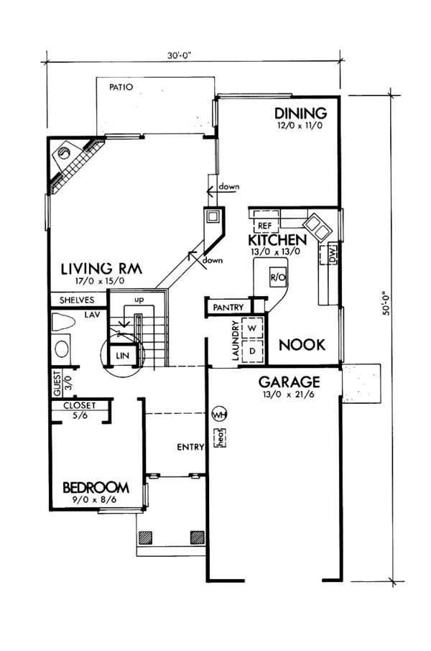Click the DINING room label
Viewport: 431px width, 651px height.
click(301, 113)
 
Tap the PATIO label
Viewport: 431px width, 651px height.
click(122, 88)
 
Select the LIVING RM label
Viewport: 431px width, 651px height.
click(101, 268)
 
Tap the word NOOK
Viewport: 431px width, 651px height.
click(302, 344)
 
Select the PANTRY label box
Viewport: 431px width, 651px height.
click(227, 308)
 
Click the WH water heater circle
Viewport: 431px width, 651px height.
click(219, 415)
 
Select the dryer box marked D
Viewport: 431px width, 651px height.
click(252, 349)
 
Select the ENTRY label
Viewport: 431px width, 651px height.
click(188, 448)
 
